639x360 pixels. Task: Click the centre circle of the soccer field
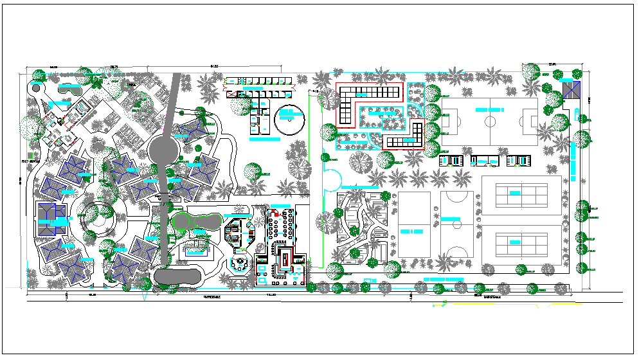coord(490,119)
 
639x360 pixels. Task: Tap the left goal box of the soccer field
coord(448,119)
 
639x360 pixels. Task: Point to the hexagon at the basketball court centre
coord(457,221)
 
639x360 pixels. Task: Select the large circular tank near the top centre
coord(289,119)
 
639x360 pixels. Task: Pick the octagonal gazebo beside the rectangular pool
coord(239,264)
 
